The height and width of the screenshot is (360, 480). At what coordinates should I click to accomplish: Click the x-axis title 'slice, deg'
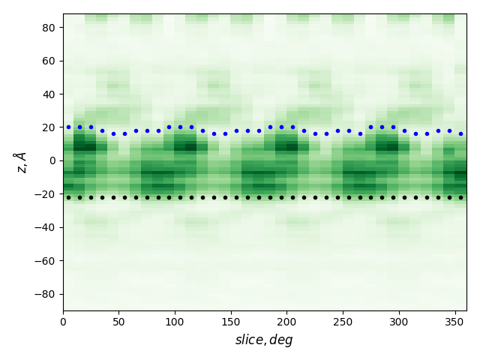264,340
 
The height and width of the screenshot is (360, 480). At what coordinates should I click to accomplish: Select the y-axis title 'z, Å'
21,162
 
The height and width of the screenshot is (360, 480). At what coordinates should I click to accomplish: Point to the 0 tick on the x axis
63,322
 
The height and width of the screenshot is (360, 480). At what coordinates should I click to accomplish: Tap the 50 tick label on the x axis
119,322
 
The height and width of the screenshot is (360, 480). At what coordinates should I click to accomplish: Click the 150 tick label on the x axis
231,322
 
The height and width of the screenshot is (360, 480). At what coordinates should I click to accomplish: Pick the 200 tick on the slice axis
286,322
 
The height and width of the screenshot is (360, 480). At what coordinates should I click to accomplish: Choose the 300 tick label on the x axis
399,322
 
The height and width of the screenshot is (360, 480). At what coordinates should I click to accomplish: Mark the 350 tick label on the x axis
454,322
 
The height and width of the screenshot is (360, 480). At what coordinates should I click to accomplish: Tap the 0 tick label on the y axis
52,160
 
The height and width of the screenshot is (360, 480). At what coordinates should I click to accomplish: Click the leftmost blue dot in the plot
68,127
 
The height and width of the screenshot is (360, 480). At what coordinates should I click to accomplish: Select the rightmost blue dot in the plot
460,133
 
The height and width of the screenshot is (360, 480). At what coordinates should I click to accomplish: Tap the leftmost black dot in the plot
68,197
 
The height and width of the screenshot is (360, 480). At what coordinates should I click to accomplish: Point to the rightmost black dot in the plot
460,197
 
